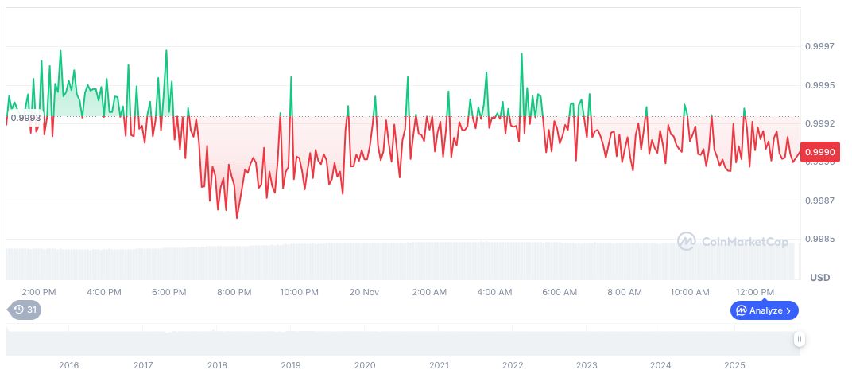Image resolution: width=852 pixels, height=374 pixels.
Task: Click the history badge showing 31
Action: (x=25, y=310)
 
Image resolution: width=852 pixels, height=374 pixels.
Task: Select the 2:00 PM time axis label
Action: (x=39, y=292)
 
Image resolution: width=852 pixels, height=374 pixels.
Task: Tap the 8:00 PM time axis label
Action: (x=234, y=292)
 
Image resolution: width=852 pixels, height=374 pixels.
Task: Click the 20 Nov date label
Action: (x=364, y=292)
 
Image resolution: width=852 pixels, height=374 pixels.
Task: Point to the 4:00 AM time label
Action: (x=494, y=292)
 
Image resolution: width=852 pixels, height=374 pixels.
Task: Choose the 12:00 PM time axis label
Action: (x=755, y=292)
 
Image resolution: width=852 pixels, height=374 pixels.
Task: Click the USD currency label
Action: (x=819, y=278)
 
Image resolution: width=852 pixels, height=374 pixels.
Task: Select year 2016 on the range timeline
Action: (x=69, y=365)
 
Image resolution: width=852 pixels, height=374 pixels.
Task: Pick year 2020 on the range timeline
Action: (x=365, y=365)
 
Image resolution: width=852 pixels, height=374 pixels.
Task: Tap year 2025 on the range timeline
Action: (x=734, y=365)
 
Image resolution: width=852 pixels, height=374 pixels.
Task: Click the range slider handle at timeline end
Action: (x=800, y=339)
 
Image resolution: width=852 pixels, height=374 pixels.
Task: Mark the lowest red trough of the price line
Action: (x=237, y=217)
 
